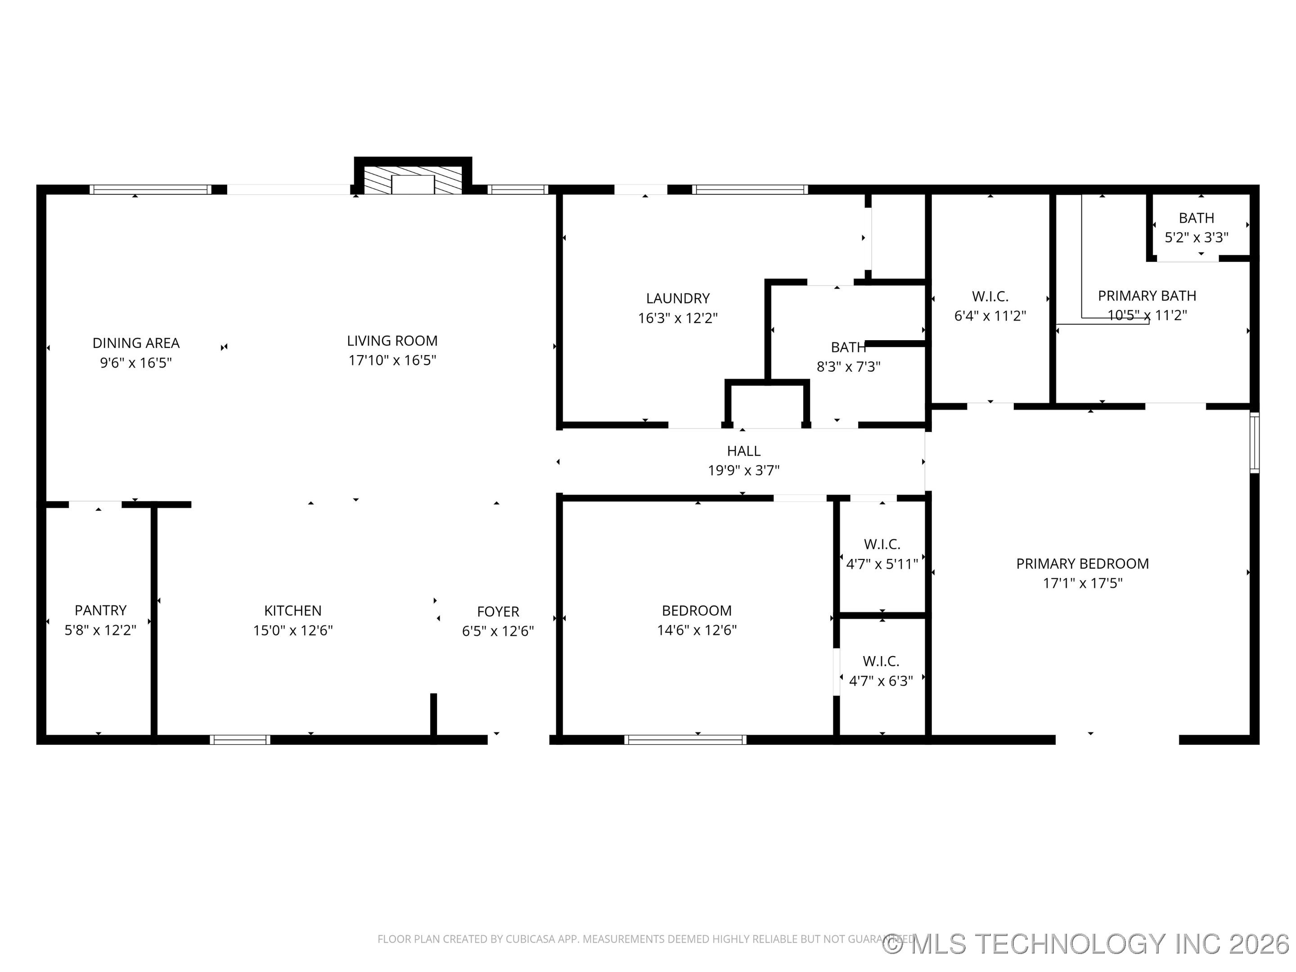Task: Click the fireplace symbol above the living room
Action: coord(413,182)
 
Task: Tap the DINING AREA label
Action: coord(136,343)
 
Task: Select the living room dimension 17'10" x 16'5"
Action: coord(392,360)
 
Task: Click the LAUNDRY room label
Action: coord(678,298)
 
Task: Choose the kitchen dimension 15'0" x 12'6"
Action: coord(292,630)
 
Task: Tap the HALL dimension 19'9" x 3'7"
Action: coord(743,470)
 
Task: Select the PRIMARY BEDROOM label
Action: coord(1082,564)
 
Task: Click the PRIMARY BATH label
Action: coord(1147,296)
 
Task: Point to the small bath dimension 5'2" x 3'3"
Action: coord(1196,237)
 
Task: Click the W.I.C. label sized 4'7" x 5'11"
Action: coord(882,544)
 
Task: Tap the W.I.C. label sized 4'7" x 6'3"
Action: coord(881,661)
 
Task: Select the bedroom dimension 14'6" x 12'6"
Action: coord(697,630)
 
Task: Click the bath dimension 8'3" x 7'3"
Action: coord(848,367)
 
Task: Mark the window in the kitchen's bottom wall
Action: coord(240,739)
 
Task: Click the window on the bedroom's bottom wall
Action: coord(685,739)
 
